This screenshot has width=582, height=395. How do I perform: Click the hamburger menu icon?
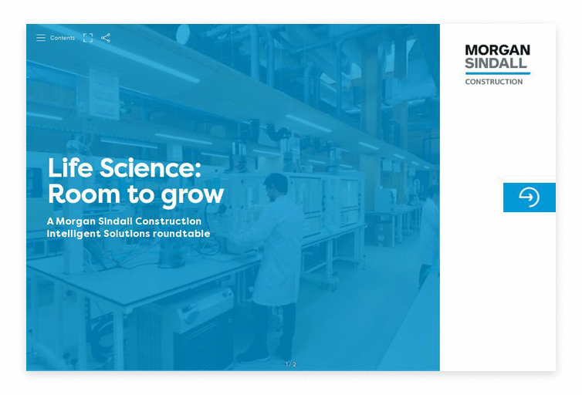point(41,38)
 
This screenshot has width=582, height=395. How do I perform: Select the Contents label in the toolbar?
point(63,38)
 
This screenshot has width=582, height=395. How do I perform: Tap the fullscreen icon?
point(88,38)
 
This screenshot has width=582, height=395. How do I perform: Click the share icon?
point(106,38)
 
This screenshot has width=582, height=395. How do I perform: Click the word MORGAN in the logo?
point(497,50)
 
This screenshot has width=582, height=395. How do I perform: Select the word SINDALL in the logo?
point(496,63)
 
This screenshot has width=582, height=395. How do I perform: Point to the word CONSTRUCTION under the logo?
point(494,82)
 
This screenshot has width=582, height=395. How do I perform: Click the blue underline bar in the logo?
point(498,73)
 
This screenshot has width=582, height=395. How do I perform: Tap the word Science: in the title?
point(151,167)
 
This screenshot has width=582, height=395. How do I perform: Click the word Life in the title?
point(70,167)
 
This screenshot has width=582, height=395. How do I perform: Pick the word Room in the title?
point(84,194)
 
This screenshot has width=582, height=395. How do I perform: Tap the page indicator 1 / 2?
point(291,364)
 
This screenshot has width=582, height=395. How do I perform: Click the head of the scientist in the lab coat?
point(276,186)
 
